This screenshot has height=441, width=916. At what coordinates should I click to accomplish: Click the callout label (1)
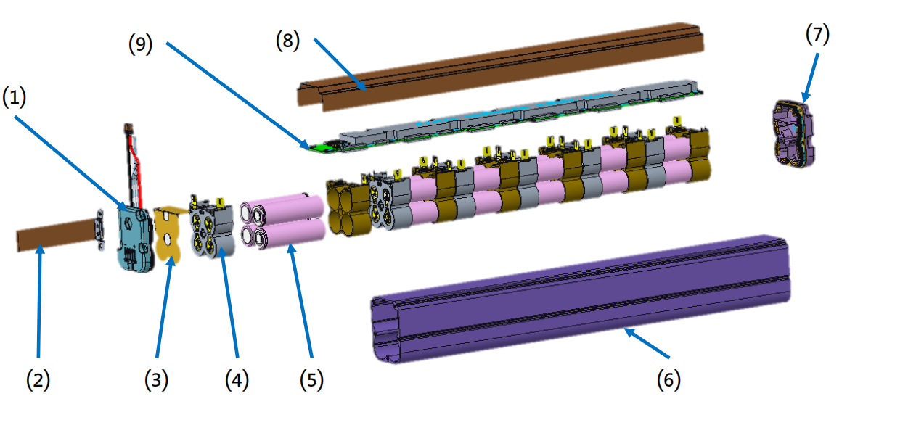pyautogui.click(x=15, y=99)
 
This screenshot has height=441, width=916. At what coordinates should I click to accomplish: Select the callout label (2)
pyautogui.click(x=38, y=379)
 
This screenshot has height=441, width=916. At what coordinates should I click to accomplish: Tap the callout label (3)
pyautogui.click(x=155, y=379)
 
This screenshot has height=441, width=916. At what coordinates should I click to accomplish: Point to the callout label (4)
pyautogui.click(x=236, y=379)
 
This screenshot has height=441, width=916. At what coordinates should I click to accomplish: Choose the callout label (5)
pyautogui.click(x=311, y=379)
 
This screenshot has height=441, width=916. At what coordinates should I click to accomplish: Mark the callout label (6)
pyautogui.click(x=669, y=379)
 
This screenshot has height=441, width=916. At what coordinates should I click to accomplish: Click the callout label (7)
pyautogui.click(x=817, y=34)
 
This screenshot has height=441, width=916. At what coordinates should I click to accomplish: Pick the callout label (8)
pyautogui.click(x=287, y=41)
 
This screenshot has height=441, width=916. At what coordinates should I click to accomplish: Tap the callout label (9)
pyautogui.click(x=140, y=44)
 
